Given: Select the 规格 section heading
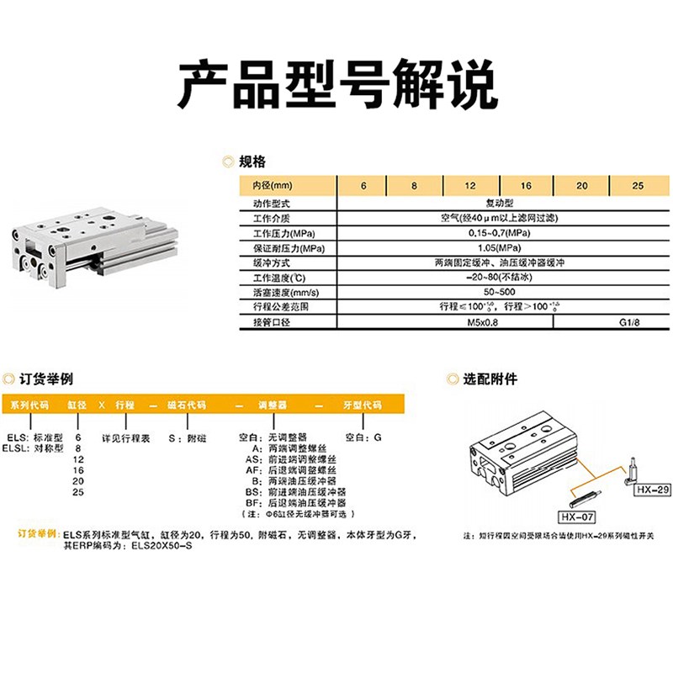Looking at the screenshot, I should click(x=252, y=162).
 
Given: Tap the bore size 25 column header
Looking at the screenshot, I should click(x=637, y=185).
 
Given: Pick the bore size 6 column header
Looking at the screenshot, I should click(x=363, y=185).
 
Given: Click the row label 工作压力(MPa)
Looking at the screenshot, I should click(x=271, y=233).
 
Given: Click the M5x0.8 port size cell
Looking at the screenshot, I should click(x=476, y=322).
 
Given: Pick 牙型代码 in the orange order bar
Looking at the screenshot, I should click(x=364, y=405).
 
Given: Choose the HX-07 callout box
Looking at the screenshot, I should click(x=577, y=515).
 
